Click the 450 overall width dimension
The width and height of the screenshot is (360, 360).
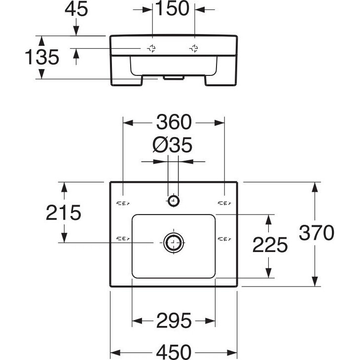point(174,352)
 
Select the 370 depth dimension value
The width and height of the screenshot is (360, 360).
point(317,232)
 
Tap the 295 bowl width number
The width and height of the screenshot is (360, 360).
point(174,321)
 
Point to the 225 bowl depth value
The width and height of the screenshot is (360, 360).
point(269,245)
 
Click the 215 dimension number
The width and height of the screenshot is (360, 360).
point(63,213)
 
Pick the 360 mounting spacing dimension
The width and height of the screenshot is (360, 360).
point(174,121)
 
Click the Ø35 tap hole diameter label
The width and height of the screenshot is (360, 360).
point(172,145)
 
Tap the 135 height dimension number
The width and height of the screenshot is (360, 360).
point(42,57)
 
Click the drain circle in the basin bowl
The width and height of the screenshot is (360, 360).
point(173,242)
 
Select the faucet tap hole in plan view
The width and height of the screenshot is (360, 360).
point(173,201)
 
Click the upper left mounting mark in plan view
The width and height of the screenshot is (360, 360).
point(123,202)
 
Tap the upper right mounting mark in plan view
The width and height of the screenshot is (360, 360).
point(224,202)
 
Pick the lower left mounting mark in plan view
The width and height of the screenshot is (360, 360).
point(123,239)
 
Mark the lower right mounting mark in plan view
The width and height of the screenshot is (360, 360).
point(224,239)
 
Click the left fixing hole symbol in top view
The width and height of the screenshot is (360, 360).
point(152,48)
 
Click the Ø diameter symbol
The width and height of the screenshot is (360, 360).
point(159,145)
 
